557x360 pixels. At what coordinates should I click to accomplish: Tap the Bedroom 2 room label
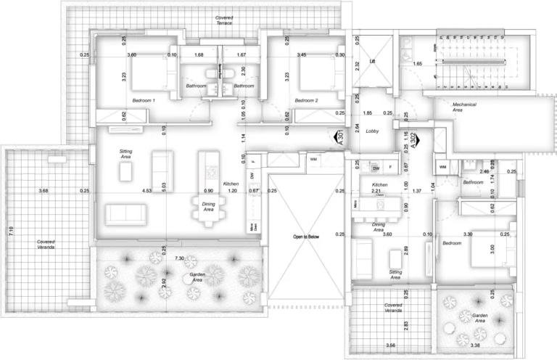tap(307, 99)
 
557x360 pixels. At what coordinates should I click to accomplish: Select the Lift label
tap(373, 62)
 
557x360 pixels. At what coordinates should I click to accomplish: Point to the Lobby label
tap(373, 131)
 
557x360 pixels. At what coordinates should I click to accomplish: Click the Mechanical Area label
tap(464, 108)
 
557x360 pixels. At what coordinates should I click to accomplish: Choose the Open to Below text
tap(306, 237)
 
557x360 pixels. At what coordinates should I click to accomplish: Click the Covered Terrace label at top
tap(224, 20)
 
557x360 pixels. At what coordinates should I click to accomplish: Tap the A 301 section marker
tap(338, 136)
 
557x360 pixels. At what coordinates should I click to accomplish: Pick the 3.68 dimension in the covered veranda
tap(44, 191)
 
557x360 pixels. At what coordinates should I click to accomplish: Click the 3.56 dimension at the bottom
tap(391, 345)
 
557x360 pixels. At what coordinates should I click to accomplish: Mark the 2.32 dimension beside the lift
tap(357, 65)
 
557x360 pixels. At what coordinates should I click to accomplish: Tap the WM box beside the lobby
tap(313, 159)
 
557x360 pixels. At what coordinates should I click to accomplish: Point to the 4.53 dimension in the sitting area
tap(147, 191)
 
